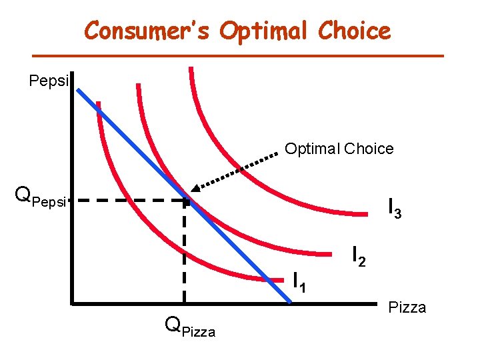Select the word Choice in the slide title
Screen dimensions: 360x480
pyautogui.click(x=355, y=31)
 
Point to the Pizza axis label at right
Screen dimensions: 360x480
pyautogui.click(x=407, y=307)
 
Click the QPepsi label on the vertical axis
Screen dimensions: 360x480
pyautogui.click(x=41, y=197)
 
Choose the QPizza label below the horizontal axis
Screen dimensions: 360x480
pyautogui.click(x=190, y=327)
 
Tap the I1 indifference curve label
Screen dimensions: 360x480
pyautogui.click(x=300, y=282)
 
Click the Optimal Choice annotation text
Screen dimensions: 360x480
pyautogui.click(x=339, y=149)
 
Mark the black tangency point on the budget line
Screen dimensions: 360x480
pyautogui.click(x=187, y=199)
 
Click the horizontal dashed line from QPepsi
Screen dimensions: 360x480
pyautogui.click(x=127, y=199)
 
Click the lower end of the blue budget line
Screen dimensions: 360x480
pyautogui.click(x=291, y=303)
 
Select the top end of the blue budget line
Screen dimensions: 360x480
pyautogui.click(x=78, y=89)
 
